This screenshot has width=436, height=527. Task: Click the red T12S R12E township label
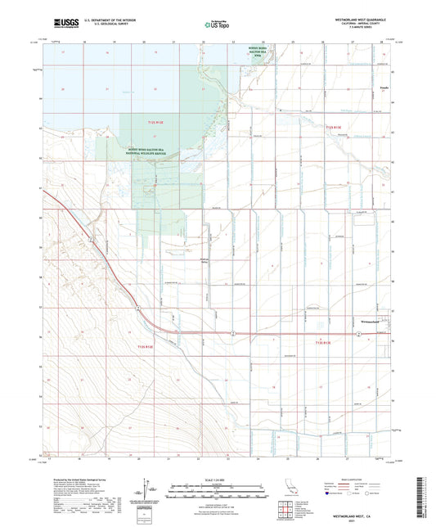(x=156, y=122)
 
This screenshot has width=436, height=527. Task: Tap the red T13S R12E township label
(x=145, y=347)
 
